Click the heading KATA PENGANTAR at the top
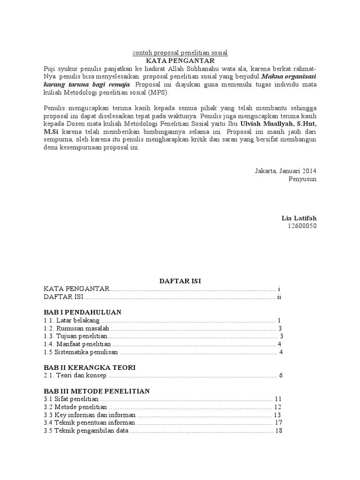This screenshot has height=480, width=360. click(180, 61)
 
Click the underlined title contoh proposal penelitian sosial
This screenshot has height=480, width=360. click(180, 53)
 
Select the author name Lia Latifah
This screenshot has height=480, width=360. click(299, 218)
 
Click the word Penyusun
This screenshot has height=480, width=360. click(302, 179)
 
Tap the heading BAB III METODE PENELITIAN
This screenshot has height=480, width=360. click(97, 391)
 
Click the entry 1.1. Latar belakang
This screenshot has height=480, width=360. click(72, 320)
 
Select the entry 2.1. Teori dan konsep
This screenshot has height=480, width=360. click(75, 375)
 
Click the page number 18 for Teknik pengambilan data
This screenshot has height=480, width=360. click(278, 431)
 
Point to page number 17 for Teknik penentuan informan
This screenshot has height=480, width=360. click(278, 423)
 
